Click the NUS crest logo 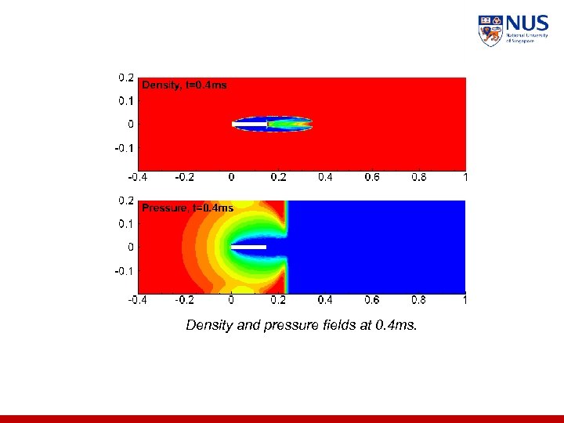pyautogui.click(x=490, y=31)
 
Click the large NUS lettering pyautogui.click(x=526, y=23)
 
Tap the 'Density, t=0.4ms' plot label pyautogui.click(x=183, y=85)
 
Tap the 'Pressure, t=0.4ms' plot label pyautogui.click(x=186, y=208)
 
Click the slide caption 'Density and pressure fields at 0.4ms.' pyautogui.click(x=302, y=325)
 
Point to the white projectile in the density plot pyautogui.click(x=250, y=124)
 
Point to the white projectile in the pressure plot pyautogui.click(x=250, y=248)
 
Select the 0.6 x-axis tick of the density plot pyautogui.click(x=372, y=177)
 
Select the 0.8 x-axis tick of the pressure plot pyautogui.click(x=419, y=299)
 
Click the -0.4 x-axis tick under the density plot pyautogui.click(x=136, y=177)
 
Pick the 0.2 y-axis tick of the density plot pyautogui.click(x=125, y=78)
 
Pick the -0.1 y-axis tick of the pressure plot pyautogui.click(x=124, y=271)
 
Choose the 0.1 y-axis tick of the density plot pyautogui.click(x=125, y=100)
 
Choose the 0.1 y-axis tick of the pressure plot pyautogui.click(x=125, y=224)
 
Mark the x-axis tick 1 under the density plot pyautogui.click(x=465, y=177)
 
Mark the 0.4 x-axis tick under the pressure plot pyautogui.click(x=325, y=299)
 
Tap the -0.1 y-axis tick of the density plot pyautogui.click(x=124, y=147)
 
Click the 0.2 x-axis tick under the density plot pyautogui.click(x=278, y=177)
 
